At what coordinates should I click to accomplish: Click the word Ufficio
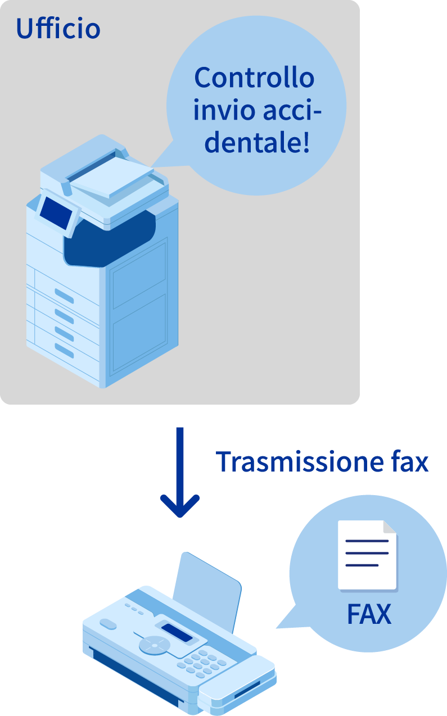pos(58,28)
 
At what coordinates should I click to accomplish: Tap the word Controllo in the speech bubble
pos(254,78)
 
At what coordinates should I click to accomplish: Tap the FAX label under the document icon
pos(369,614)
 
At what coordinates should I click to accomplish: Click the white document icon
pos(367,555)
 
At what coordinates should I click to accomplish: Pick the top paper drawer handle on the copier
pos(64,294)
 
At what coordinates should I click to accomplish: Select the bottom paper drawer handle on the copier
pos(64,350)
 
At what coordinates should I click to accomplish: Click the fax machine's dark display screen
pos(177,632)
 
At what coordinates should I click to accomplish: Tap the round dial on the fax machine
pos(153,645)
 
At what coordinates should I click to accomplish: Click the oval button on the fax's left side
pos(108,624)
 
